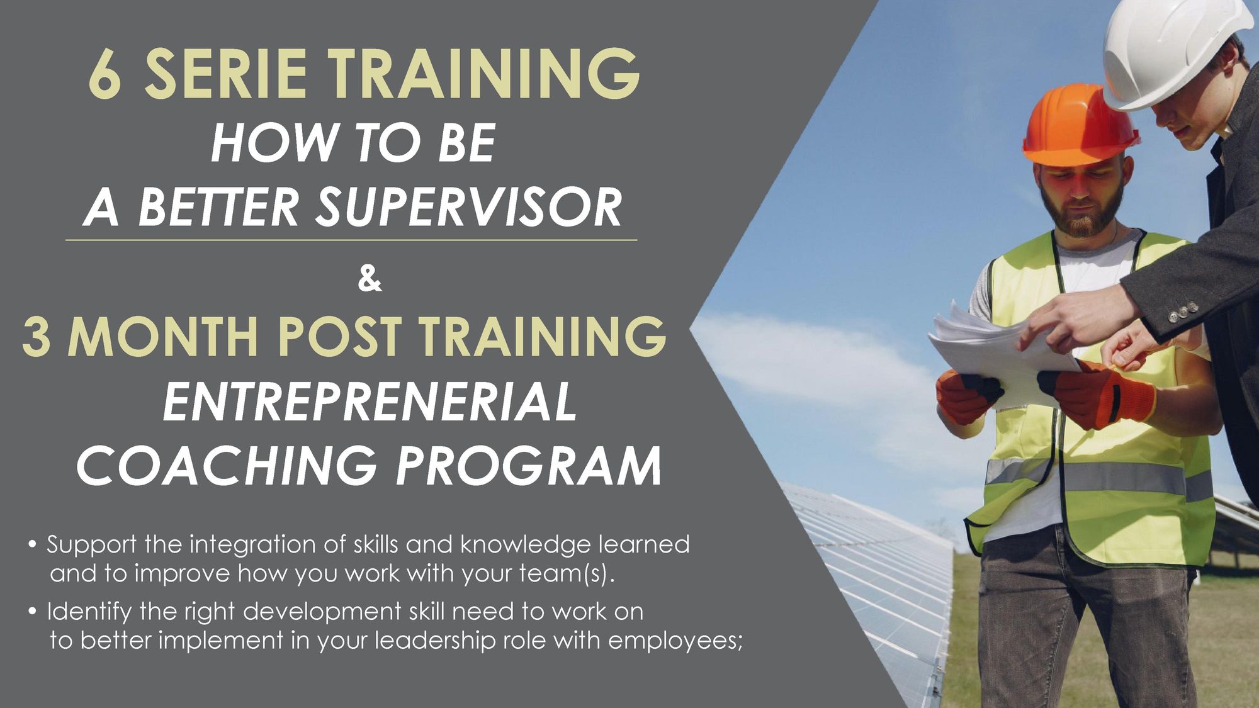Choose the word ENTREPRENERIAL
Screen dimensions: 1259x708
pos(370,401)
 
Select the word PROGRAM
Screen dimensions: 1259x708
pos(529,466)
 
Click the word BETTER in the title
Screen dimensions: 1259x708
pos(218,207)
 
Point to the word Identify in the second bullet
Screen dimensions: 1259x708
pos(89,612)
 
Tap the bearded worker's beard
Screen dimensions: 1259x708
pos(1081,211)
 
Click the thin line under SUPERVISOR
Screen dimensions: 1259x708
pos(351,240)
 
